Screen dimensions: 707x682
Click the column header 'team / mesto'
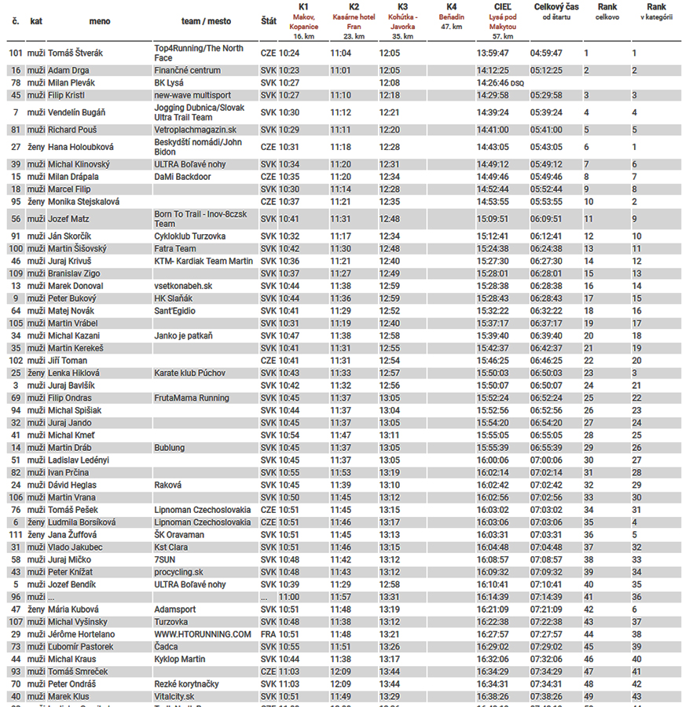pyautogui.click(x=201, y=21)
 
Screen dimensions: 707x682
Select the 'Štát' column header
pyautogui.click(x=268, y=21)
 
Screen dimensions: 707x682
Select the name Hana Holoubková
pyautogui.click(x=81, y=147)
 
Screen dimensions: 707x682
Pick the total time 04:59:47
pyautogui.click(x=546, y=53)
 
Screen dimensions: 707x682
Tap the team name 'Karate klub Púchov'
pyautogui.click(x=190, y=373)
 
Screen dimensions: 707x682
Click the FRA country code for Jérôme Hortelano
pyautogui.click(x=268, y=634)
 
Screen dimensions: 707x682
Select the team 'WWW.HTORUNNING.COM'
pyautogui.click(x=203, y=634)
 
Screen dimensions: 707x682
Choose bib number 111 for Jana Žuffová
pyautogui.click(x=15, y=535)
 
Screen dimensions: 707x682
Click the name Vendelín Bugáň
pyautogui.click(x=77, y=112)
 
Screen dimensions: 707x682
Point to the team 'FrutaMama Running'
pyautogui.click(x=192, y=398)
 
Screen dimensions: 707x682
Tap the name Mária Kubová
pyautogui.click(x=75, y=610)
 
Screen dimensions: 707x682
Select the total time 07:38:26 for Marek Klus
pyautogui.click(x=546, y=697)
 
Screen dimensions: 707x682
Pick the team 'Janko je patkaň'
pyautogui.click(x=184, y=336)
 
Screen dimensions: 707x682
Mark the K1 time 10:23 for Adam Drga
pyautogui.click(x=290, y=71)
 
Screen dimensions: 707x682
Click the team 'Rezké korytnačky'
pyautogui.click(x=186, y=684)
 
